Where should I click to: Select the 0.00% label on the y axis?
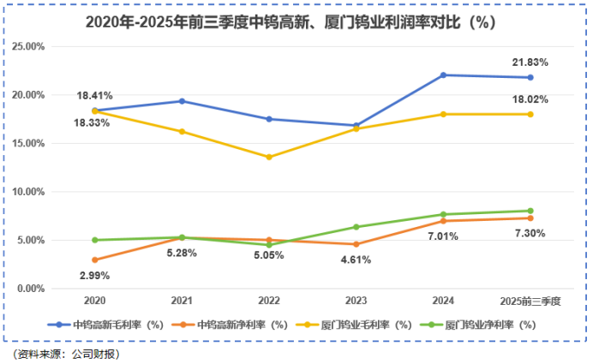(x=29, y=289)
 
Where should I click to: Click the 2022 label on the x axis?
(x=269, y=301)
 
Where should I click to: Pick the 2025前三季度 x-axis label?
(x=530, y=301)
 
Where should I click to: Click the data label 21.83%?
(x=530, y=63)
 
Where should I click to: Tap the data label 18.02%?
(x=530, y=98)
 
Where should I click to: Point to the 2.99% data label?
(x=94, y=275)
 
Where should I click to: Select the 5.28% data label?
(x=182, y=253)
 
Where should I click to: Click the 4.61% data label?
(x=356, y=260)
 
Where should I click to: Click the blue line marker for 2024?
(x=443, y=75)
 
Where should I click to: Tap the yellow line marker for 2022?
(x=269, y=157)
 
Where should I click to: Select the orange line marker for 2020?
(x=94, y=260)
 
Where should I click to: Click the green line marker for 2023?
(x=356, y=227)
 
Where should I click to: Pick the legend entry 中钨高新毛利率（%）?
(x=106, y=325)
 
